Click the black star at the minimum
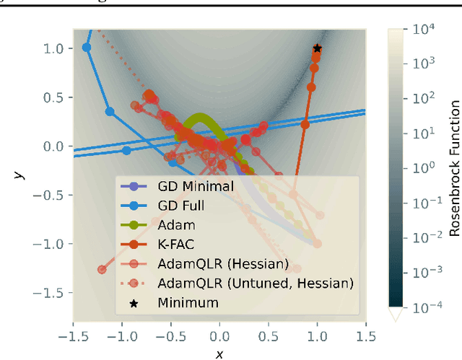(x=317, y=48)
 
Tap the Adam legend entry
(x=176, y=225)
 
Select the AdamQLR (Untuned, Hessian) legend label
(x=246, y=284)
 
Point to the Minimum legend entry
(x=188, y=303)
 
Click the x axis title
(x=219, y=354)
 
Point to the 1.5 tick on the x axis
(x=366, y=337)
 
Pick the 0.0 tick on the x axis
(x=219, y=337)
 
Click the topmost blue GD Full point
(x=87, y=48)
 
